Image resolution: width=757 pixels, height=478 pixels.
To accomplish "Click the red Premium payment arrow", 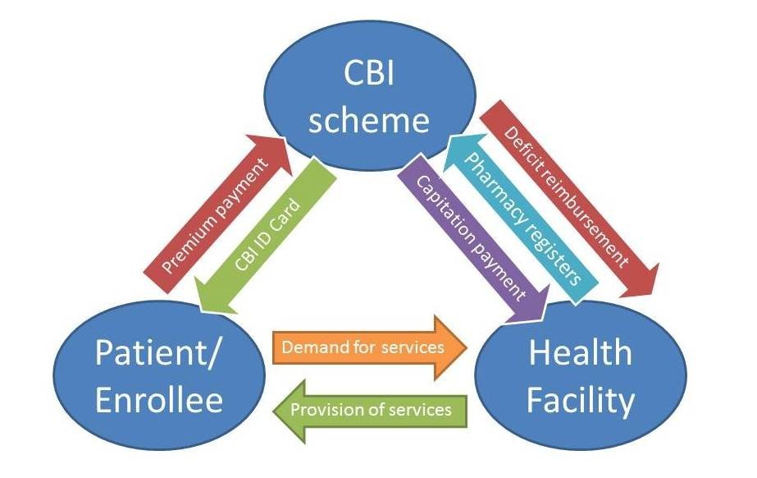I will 215,214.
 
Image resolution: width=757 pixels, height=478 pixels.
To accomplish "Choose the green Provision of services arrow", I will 370,408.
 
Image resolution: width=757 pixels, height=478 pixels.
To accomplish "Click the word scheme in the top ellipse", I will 370,120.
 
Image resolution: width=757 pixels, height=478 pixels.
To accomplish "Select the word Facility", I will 581,401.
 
